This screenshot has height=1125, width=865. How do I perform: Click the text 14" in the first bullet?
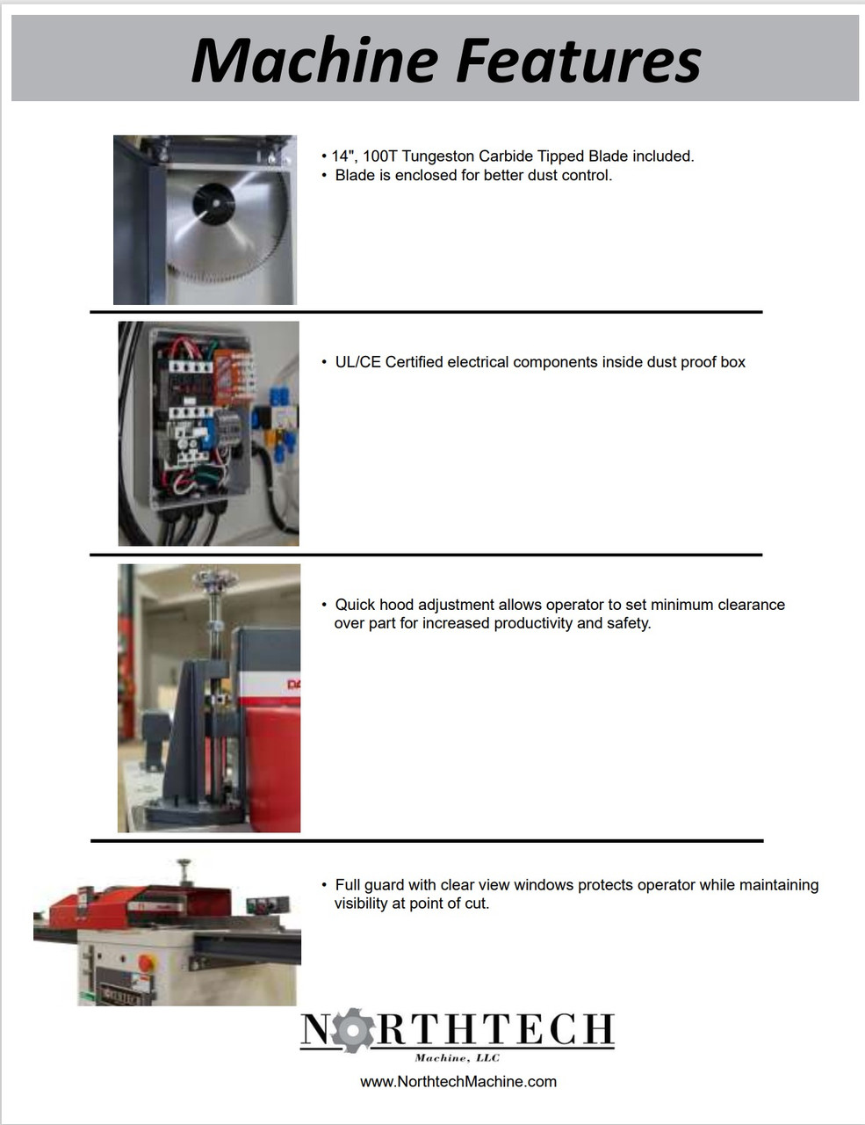(x=342, y=156)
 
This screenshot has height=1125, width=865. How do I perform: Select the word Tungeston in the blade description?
(x=438, y=156)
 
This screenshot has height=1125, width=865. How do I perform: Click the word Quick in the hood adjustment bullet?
(x=356, y=605)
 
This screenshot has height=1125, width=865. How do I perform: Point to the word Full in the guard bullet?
(x=350, y=885)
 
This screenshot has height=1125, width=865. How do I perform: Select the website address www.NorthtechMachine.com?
(x=458, y=1082)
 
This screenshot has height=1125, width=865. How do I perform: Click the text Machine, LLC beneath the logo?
(x=457, y=1057)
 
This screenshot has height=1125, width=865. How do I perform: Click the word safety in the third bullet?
(x=628, y=623)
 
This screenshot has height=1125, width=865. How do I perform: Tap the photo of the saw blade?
(x=205, y=220)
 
